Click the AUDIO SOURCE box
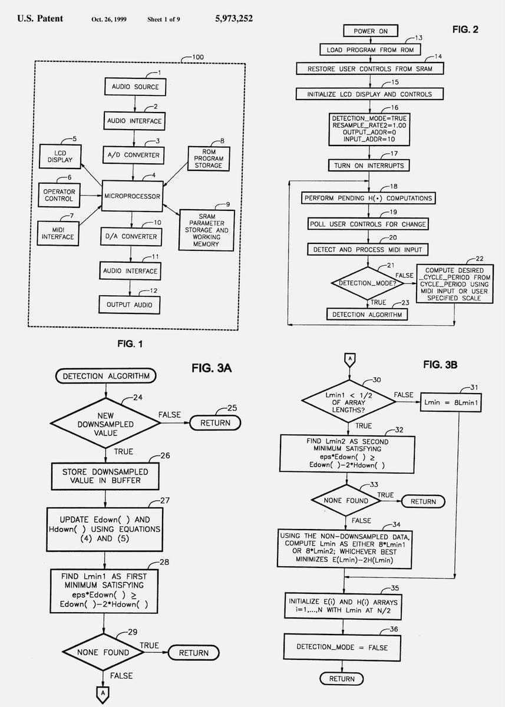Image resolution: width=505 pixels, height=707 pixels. [135, 87]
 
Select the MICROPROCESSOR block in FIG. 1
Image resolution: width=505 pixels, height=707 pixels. [132, 196]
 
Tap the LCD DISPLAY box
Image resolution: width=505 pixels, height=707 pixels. [60, 156]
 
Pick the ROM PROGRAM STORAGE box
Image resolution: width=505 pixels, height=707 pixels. [209, 158]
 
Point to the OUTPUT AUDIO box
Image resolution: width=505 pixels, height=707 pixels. [129, 305]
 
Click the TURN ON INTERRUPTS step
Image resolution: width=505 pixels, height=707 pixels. [369, 166]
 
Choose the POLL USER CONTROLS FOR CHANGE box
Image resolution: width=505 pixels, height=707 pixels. [368, 224]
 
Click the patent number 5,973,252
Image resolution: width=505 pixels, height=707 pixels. [234, 18]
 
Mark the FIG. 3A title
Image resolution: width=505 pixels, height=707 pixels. [212, 368]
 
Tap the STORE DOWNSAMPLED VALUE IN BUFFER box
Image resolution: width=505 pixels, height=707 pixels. [105, 476]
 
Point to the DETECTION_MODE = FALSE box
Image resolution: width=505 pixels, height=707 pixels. [342, 647]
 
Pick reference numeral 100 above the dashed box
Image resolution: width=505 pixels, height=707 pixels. [198, 57]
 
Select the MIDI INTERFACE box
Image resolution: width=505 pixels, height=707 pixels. [58, 233]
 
